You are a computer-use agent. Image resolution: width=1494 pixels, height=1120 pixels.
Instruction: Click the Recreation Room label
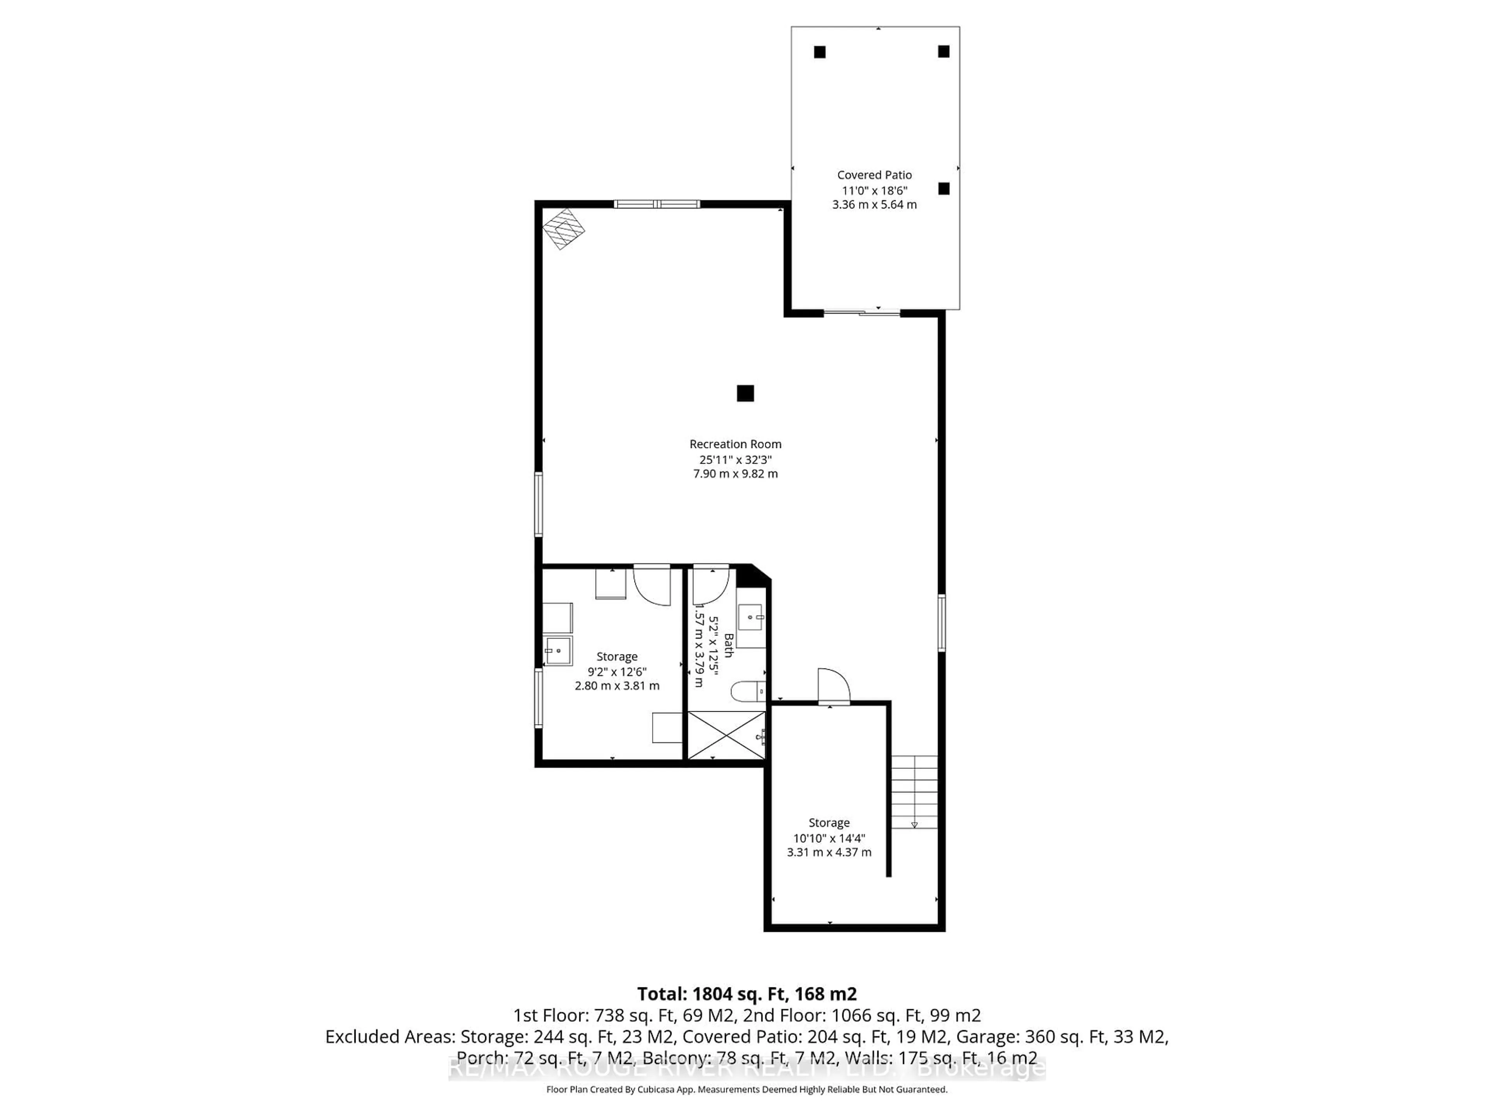click(x=735, y=444)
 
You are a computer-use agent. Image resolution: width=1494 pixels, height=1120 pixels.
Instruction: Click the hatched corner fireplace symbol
click(x=563, y=229)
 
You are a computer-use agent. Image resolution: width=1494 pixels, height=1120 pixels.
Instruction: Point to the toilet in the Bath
click(x=748, y=691)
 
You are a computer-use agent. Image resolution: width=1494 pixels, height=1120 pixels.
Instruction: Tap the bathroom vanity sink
click(x=751, y=617)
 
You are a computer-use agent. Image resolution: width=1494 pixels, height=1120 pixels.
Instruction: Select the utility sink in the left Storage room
click(x=559, y=651)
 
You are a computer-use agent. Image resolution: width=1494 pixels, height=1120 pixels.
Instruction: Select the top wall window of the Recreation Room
click(x=656, y=204)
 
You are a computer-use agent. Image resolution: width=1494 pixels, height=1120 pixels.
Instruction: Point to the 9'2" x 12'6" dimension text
click(x=617, y=672)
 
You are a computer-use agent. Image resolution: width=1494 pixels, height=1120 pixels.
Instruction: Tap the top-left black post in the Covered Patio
click(x=819, y=52)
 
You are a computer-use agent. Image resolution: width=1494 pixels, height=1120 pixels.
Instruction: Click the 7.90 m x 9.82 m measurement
click(x=735, y=474)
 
